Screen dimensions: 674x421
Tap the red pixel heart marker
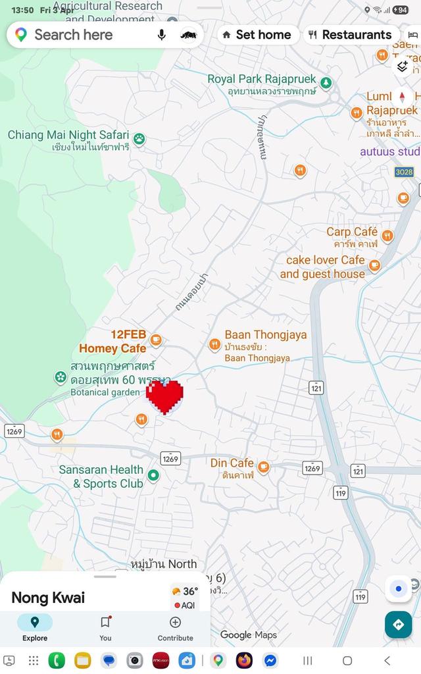click(x=164, y=397)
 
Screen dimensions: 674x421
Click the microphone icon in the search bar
click(x=162, y=35)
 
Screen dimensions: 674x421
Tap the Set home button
click(x=257, y=35)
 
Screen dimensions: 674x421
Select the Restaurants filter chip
click(x=350, y=35)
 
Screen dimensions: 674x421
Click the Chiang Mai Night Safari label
click(x=68, y=136)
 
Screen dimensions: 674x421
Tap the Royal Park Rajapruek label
click(x=262, y=80)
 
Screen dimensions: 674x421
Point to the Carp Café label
click(x=352, y=232)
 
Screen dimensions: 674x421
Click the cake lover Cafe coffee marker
click(x=374, y=265)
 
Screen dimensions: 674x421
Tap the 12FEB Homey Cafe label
click(x=113, y=341)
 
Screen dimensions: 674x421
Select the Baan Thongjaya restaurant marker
click(x=214, y=345)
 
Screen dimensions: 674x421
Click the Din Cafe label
click(x=232, y=463)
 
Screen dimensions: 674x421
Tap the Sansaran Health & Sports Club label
click(x=101, y=477)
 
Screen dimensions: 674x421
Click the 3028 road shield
click(x=405, y=172)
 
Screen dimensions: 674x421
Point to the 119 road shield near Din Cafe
click(x=341, y=492)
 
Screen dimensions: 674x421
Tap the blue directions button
click(x=398, y=624)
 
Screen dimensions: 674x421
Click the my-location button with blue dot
click(x=398, y=588)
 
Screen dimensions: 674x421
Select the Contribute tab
click(x=175, y=629)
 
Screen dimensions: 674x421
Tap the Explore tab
click(x=35, y=629)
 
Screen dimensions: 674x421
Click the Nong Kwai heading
click(x=48, y=598)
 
